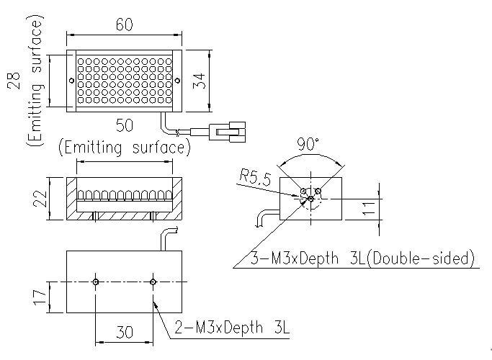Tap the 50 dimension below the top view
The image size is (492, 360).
pos(124,126)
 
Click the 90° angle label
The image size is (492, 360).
pos(309,145)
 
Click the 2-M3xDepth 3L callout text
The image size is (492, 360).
pos(231,330)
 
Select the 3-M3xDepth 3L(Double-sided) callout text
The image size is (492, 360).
pos(362,257)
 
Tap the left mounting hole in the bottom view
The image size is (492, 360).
pos(95,282)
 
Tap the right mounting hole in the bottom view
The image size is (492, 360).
pos(153,282)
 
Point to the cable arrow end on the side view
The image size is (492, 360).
pos(258,224)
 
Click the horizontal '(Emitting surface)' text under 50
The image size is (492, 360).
pos(124,148)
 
